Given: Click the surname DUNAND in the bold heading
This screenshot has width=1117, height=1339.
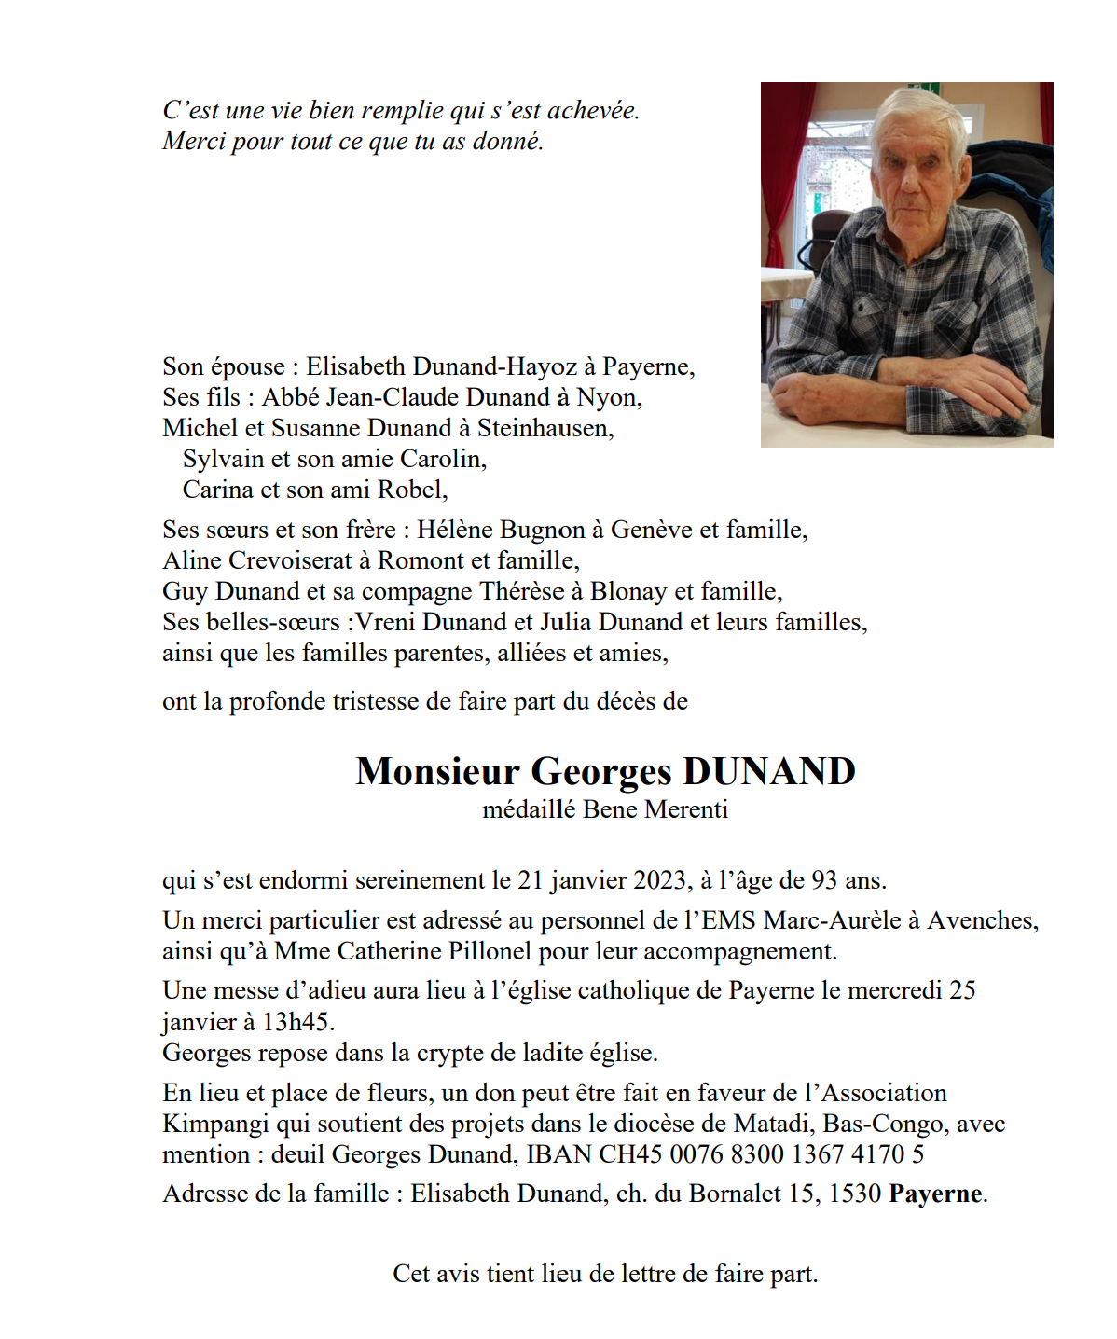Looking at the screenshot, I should tap(769, 772).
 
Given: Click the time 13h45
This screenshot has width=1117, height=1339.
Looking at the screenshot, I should tap(296, 1022).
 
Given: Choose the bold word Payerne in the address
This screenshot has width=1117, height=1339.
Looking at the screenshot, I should tap(935, 1194).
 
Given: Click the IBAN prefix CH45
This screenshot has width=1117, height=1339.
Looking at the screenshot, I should tap(631, 1154).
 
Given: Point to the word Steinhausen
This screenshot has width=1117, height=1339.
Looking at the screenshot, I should tap(545, 428).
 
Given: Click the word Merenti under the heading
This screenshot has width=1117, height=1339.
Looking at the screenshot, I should tap(686, 809).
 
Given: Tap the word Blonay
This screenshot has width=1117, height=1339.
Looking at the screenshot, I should tap(628, 591).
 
